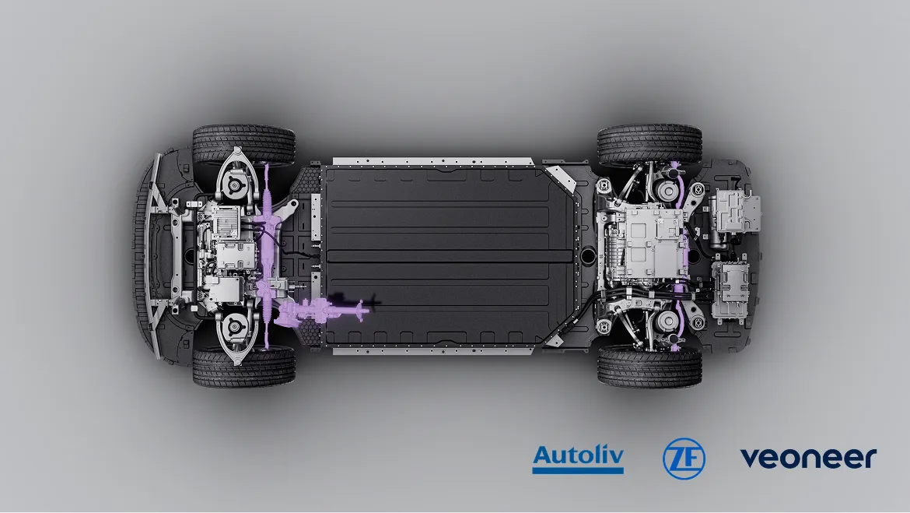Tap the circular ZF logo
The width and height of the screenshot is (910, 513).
[684, 459]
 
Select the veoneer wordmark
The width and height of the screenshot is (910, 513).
[808, 458]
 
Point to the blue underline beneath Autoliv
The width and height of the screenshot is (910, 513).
[578, 470]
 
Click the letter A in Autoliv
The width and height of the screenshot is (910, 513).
[543, 455]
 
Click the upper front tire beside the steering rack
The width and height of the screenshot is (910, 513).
[243, 144]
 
